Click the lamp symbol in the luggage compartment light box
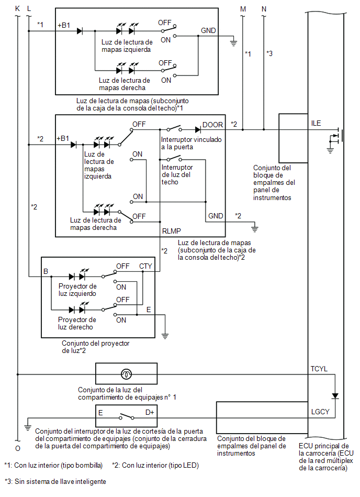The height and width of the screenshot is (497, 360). (x=126, y=374)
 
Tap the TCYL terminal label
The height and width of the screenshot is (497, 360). (x=319, y=369)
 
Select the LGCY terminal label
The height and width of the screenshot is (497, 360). (x=320, y=412)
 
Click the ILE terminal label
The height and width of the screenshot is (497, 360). (x=316, y=123)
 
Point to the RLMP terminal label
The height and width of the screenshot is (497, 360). (x=171, y=231)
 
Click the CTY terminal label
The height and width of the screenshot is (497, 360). (x=145, y=266)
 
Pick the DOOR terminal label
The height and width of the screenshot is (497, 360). (x=213, y=125)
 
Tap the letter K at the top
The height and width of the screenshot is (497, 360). (x=17, y=8)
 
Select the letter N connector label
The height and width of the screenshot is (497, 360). (x=264, y=9)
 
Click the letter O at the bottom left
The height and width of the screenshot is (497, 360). (x=18, y=448)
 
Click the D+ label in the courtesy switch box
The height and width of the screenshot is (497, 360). (x=150, y=412)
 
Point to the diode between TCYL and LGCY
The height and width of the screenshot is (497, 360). (x=335, y=396)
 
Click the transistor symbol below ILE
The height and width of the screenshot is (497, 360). (x=336, y=137)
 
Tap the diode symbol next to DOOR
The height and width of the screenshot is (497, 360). (x=198, y=129)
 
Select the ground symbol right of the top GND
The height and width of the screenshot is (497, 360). (x=233, y=43)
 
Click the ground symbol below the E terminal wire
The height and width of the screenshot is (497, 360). (x=165, y=336)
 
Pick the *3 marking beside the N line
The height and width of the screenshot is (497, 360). (x=269, y=53)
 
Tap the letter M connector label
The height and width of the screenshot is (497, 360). (x=243, y=9)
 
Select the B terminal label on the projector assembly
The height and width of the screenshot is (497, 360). (x=46, y=271)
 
